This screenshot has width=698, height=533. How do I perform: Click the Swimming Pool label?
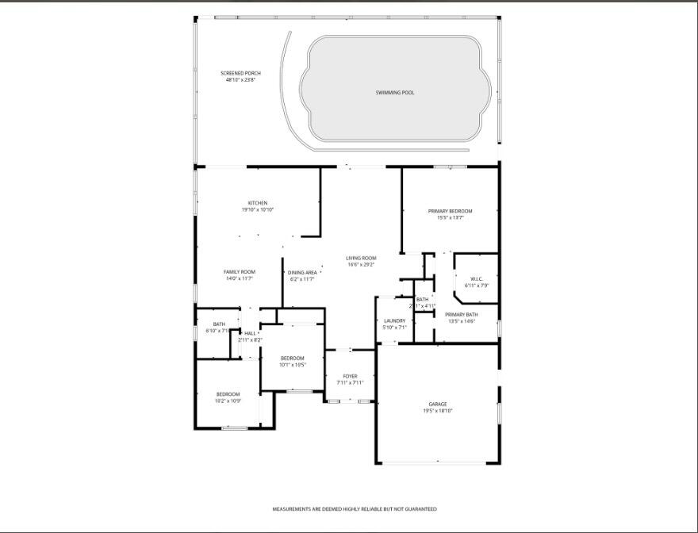coord(395,93)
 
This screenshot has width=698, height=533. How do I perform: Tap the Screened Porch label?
coord(240,74)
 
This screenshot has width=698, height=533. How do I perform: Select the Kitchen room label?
coord(258,203)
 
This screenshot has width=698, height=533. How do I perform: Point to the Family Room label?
coord(239,272)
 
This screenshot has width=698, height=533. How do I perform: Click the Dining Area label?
coord(302,272)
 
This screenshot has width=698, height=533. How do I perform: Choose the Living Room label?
coord(361,258)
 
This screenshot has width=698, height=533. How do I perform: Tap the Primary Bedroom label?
coord(450,211)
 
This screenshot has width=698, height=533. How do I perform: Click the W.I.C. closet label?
coord(477,278)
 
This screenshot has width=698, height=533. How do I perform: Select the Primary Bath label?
coord(461,315)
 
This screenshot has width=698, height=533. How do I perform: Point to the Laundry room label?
coord(394,321)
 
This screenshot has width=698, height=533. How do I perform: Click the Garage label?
coord(438,405)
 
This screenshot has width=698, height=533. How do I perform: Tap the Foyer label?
coord(350,376)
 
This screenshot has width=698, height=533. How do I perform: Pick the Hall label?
coord(250,333)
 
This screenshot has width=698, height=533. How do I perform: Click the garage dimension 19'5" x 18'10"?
coord(438,412)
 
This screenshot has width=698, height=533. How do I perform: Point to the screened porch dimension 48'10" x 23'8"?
coord(240,80)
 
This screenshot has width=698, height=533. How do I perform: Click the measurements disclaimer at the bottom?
coord(355,509)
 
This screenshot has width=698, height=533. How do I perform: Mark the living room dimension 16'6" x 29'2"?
coord(361,264)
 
